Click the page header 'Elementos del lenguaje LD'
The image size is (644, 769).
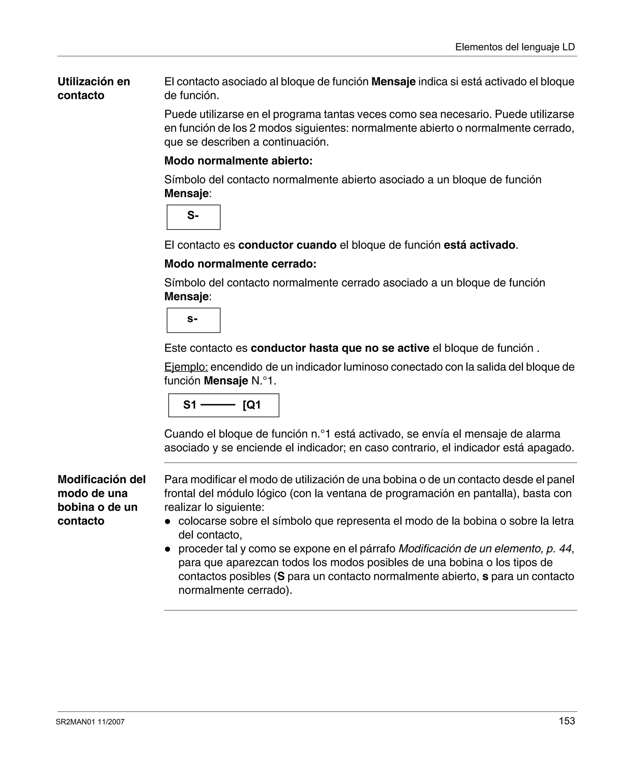pyautogui.click(x=515, y=47)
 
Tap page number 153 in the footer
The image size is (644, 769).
pyautogui.click(x=567, y=721)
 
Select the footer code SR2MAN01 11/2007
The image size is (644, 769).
pyautogui.click(x=90, y=722)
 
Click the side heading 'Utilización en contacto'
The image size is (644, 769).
pyautogui.click(x=94, y=88)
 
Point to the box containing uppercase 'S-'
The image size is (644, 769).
pyautogui.click(x=193, y=217)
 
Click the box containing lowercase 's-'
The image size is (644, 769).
pyautogui.click(x=193, y=320)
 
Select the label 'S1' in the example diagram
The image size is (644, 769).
pyautogui.click(x=190, y=405)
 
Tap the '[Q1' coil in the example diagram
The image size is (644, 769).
pyautogui.click(x=252, y=405)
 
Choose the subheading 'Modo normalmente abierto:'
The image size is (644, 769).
pyautogui.click(x=238, y=161)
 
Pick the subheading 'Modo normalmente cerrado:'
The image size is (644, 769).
pyautogui.click(x=240, y=264)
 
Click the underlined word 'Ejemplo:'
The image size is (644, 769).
pyautogui.click(x=186, y=367)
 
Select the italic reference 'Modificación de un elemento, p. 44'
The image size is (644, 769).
pyautogui.click(x=485, y=549)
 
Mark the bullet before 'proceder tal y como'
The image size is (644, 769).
pyautogui.click(x=168, y=549)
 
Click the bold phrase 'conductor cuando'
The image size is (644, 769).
pyautogui.click(x=287, y=245)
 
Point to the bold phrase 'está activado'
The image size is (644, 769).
pyautogui.click(x=479, y=245)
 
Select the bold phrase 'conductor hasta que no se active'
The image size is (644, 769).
pyautogui.click(x=340, y=348)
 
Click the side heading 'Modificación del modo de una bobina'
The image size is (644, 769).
pyautogui.click(x=101, y=500)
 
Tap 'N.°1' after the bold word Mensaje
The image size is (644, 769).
pyautogui.click(x=264, y=381)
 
